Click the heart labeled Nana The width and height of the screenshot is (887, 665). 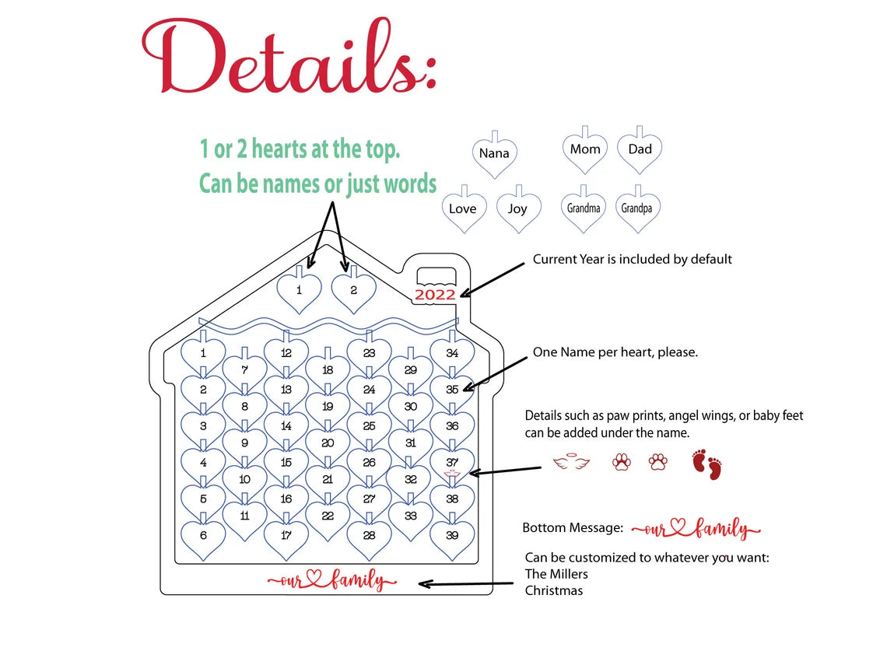pyautogui.click(x=494, y=155)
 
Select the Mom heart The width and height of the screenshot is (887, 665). pyautogui.click(x=585, y=151)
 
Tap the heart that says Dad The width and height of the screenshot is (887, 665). pyautogui.click(x=640, y=151)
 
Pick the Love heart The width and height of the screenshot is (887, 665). pyautogui.click(x=464, y=210)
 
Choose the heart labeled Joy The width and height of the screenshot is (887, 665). pyautogui.click(x=519, y=210)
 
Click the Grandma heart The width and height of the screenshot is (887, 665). pyautogui.click(x=584, y=210)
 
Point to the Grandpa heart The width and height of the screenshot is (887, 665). pyautogui.click(x=637, y=210)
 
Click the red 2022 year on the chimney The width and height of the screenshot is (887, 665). pyautogui.click(x=435, y=295)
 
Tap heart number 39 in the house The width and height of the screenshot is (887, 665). pyautogui.click(x=452, y=537)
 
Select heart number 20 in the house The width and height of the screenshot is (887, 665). pyautogui.click(x=328, y=445)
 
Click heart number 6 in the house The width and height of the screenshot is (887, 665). pyautogui.click(x=203, y=537)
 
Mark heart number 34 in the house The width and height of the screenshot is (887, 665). pyautogui.click(x=452, y=355)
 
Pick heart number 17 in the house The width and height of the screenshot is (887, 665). pyautogui.click(x=286, y=537)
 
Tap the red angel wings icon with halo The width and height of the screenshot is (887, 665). pyautogui.click(x=571, y=463)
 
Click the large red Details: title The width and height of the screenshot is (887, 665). pyautogui.click(x=289, y=57)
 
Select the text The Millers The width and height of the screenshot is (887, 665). pyautogui.click(x=556, y=574)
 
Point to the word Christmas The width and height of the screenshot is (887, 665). pyautogui.click(x=554, y=590)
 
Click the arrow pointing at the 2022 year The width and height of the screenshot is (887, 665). pyautogui.click(x=493, y=279)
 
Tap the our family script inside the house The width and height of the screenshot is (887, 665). pyautogui.click(x=332, y=580)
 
